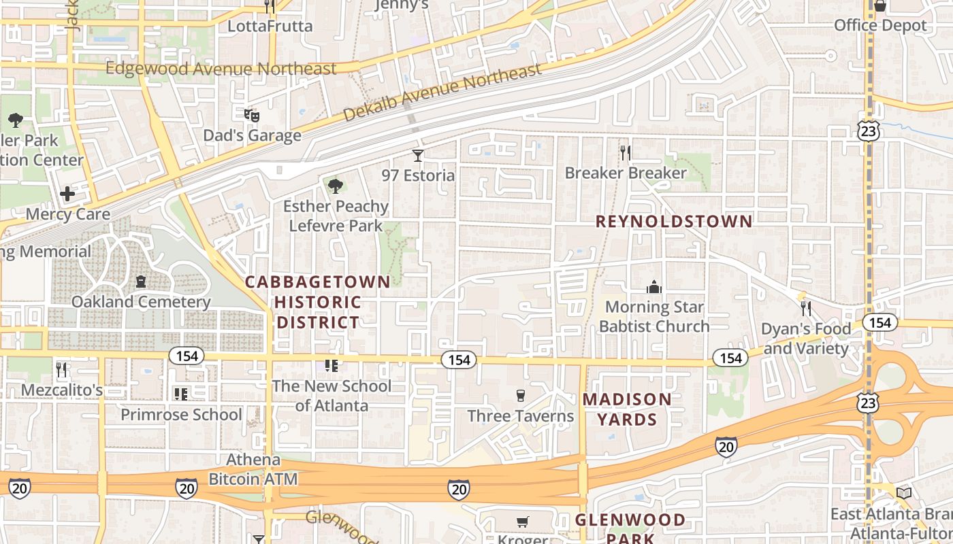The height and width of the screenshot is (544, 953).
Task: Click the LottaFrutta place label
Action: pyautogui.click(x=270, y=27)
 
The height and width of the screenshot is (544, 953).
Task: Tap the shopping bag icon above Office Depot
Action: pyautogui.click(x=879, y=6)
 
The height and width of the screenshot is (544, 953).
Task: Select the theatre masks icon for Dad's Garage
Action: pyautogui.click(x=252, y=115)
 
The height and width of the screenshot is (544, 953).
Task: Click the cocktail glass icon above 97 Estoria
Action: pyautogui.click(x=418, y=156)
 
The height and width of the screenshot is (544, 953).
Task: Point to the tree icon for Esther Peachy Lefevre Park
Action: pyautogui.click(x=334, y=186)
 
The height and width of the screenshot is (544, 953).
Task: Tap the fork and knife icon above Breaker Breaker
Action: pyautogui.click(x=626, y=153)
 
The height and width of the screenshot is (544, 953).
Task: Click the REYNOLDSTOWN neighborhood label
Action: pyautogui.click(x=674, y=221)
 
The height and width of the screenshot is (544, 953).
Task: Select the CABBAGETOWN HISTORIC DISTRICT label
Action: pyautogui.click(x=318, y=302)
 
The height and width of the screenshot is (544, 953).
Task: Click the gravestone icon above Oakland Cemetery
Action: pyautogui.click(x=141, y=282)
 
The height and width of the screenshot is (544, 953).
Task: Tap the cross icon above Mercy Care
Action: pyautogui.click(x=67, y=194)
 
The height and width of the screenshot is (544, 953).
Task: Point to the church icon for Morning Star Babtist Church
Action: pyautogui.click(x=654, y=287)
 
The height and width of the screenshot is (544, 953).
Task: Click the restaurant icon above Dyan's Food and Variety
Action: pyautogui.click(x=806, y=309)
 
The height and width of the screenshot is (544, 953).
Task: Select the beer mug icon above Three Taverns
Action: pyautogui.click(x=521, y=396)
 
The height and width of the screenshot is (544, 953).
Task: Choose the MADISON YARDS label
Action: pyautogui.click(x=627, y=409)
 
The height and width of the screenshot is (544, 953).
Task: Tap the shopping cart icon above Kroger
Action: pyautogui.click(x=522, y=522)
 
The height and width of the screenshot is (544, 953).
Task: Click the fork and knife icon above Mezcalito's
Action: pyautogui.click(x=62, y=370)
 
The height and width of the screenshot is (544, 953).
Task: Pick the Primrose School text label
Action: pyautogui.click(x=181, y=414)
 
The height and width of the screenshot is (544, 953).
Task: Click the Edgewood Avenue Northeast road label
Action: pyautogui.click(x=221, y=69)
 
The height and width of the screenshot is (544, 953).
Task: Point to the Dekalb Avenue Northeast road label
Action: pyautogui.click(x=442, y=92)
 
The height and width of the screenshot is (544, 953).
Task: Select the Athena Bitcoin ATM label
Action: pyautogui.click(x=253, y=469)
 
